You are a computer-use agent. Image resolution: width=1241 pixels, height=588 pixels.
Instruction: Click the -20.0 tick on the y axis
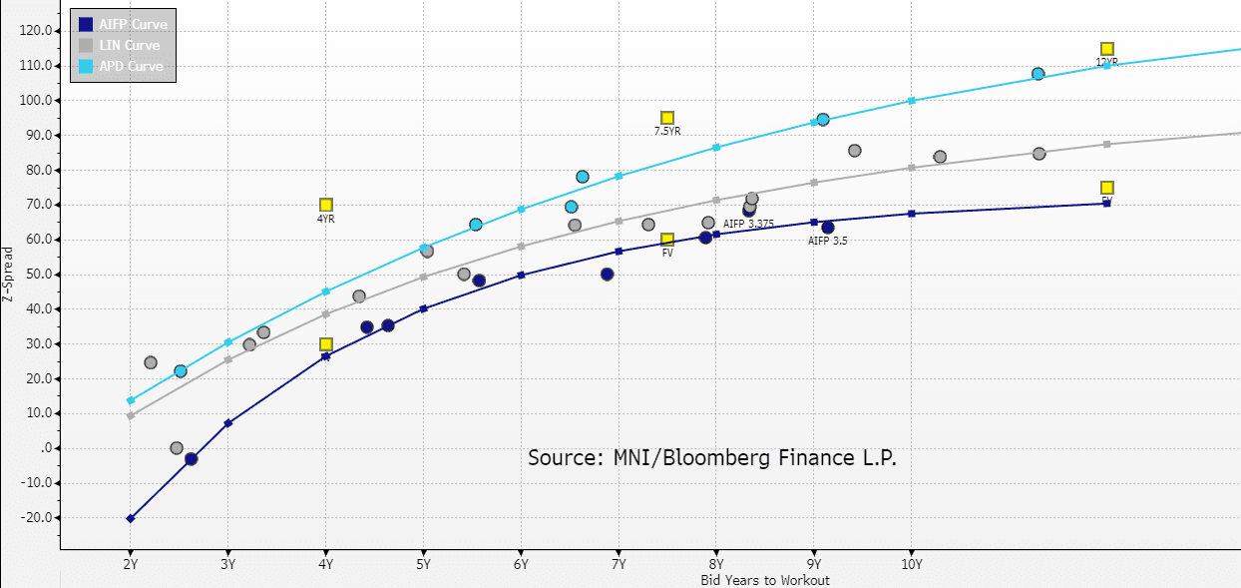click(37, 518)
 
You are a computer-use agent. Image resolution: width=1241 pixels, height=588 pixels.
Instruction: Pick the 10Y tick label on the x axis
click(911, 564)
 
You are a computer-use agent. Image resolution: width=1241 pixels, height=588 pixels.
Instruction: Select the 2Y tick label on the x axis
click(130, 564)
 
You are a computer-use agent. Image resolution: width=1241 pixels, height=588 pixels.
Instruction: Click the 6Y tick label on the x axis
click(521, 564)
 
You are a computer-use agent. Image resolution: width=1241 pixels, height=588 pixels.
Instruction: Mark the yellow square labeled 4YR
click(326, 205)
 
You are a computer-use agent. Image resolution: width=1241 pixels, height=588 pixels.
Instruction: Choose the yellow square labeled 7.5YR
click(667, 118)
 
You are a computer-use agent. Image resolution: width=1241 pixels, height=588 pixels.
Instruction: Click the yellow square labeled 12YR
click(1106, 49)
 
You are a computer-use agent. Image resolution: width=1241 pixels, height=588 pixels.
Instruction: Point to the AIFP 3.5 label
click(827, 241)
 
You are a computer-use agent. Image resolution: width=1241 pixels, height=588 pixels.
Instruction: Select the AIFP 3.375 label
click(748, 224)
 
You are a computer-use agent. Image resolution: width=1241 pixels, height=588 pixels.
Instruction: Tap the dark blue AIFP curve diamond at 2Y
click(131, 518)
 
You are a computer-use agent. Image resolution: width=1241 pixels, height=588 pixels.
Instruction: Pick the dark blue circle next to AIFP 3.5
click(828, 228)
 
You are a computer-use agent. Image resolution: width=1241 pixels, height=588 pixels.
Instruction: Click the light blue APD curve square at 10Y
click(911, 101)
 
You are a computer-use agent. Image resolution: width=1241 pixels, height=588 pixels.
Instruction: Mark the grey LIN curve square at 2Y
click(131, 415)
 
